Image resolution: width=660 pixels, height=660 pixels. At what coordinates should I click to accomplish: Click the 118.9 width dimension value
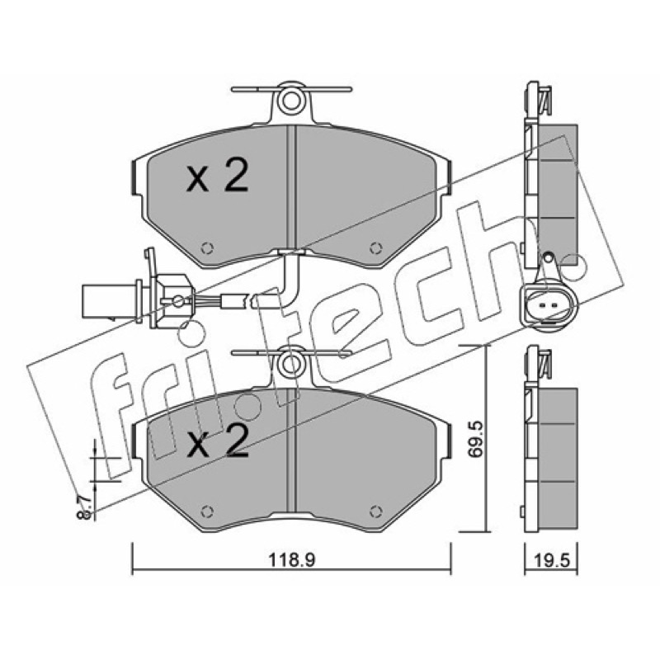(x=292, y=560)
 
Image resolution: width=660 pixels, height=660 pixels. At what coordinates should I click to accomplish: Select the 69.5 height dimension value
(x=475, y=440)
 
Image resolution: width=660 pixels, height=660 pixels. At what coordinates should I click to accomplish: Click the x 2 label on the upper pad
(x=217, y=177)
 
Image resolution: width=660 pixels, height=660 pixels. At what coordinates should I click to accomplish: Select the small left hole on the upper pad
(x=207, y=248)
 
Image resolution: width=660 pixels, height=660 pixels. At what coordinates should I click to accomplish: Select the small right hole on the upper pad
(x=375, y=248)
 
